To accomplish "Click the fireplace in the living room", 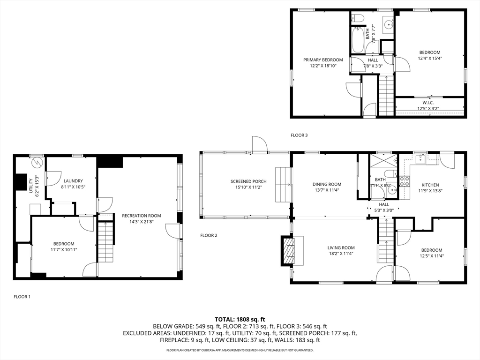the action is pos(288,250).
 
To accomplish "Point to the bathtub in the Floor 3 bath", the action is pos(357,40).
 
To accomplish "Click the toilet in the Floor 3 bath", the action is pos(357,18).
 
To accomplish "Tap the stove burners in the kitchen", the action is pos(405,181).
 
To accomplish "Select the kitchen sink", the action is pos(421,159).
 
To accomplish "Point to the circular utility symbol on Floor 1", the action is pos(37,162).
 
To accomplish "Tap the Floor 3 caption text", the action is pos(299,135).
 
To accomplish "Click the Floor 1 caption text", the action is pos(22,297).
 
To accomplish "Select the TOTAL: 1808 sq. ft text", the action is pos(240,320).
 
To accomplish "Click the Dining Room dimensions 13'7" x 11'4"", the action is pos(327,190).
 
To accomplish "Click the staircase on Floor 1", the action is pos(106,242).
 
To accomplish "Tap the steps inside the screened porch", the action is pos(283,185).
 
